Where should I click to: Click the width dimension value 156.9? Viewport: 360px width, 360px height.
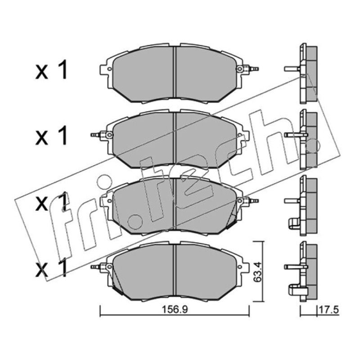pyautogui.click(x=175, y=310)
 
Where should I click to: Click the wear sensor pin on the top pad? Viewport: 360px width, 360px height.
pyautogui.click(x=253, y=68)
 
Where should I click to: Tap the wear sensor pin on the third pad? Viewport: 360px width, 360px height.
pyautogui.click(x=253, y=201)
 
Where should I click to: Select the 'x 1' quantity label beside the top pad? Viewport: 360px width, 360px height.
pyautogui.click(x=52, y=70)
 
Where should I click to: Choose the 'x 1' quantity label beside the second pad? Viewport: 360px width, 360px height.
pyautogui.click(x=52, y=136)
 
